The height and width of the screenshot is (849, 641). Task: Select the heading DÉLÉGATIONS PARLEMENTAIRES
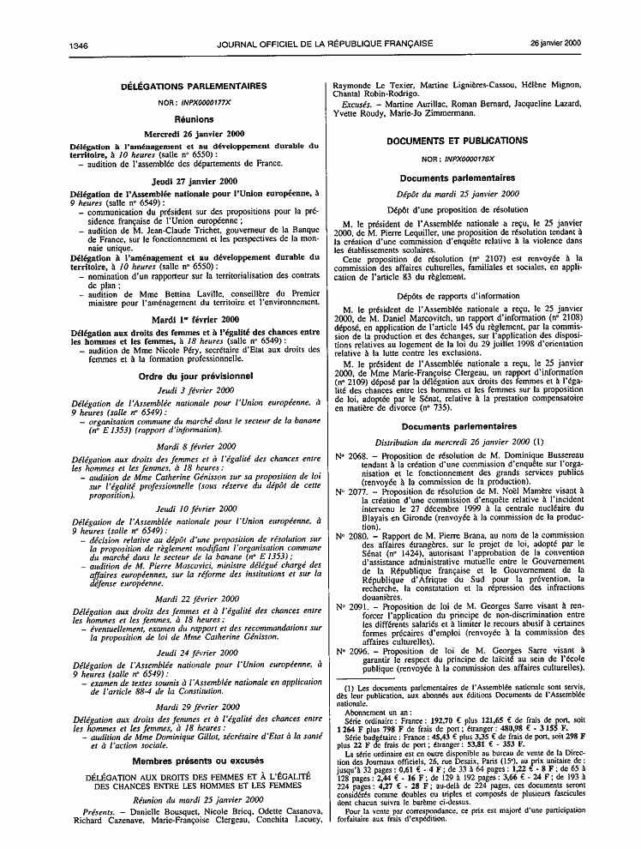point(194,87)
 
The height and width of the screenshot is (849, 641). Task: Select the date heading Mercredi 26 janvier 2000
point(194,134)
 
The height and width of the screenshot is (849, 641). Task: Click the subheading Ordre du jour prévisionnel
point(194,375)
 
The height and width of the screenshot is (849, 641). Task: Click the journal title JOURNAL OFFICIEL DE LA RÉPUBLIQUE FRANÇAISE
point(325,42)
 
